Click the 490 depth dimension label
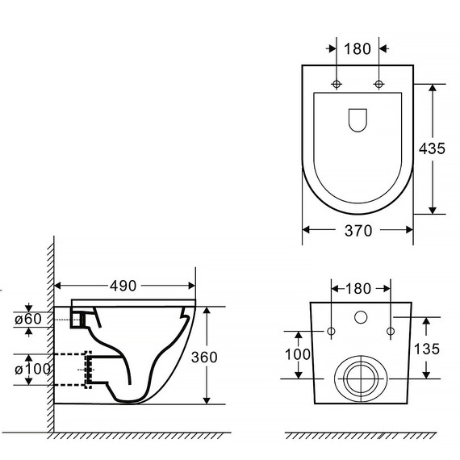pyautogui.click(x=123, y=286)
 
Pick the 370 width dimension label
pyautogui.click(x=358, y=231)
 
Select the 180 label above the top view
pyautogui.click(x=358, y=48)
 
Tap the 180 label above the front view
pyautogui.click(x=361, y=287)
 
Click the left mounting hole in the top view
pyautogui.click(x=337, y=85)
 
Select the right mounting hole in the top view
pyautogui.click(x=378, y=85)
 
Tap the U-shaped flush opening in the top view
pyautogui.click(x=358, y=119)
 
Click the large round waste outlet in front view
pyautogui.click(x=361, y=377)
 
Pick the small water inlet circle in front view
pyautogui.click(x=361, y=316)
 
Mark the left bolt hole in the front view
pyautogui.click(x=331, y=332)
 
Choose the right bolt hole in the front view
pyautogui.click(x=391, y=332)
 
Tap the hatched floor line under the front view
pyautogui.click(x=361, y=437)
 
